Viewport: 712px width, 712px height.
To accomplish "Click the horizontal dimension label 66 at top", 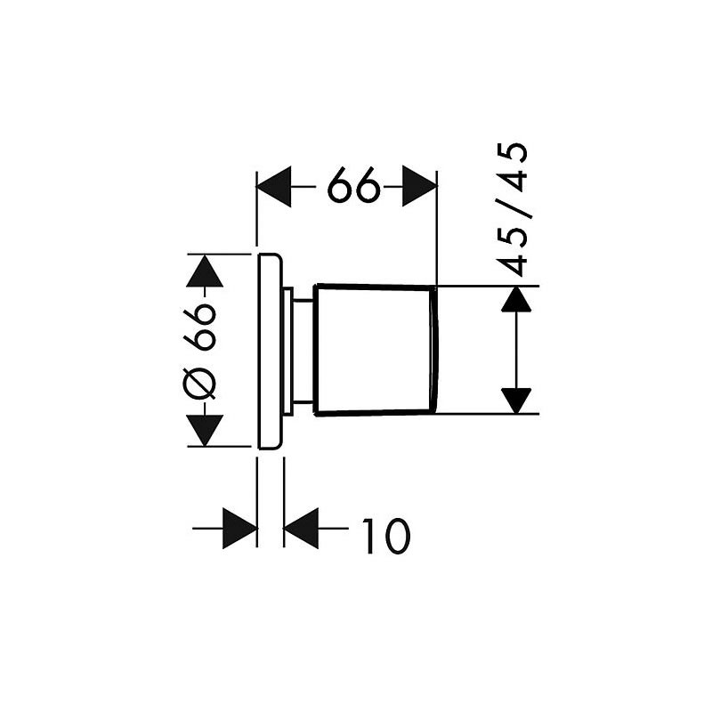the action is tap(353, 185).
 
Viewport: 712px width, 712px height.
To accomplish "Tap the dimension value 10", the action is tap(386, 537).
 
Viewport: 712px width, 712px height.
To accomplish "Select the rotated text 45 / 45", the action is tap(511, 209).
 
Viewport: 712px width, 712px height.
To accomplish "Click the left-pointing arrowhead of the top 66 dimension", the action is tap(274, 186).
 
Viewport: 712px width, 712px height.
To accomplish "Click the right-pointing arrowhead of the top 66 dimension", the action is tap(419, 186).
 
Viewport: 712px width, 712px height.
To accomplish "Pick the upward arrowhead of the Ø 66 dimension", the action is tap(205, 271).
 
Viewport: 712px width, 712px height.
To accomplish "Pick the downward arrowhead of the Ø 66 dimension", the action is tap(205, 430).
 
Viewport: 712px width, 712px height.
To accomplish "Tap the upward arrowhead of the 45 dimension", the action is tap(516, 299).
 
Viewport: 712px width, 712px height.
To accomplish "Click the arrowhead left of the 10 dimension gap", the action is tap(240, 529).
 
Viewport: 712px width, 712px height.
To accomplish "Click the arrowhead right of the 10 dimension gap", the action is tap(301, 529).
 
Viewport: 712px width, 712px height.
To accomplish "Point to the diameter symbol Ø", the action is tap(199, 384).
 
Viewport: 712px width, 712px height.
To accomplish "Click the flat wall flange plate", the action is tap(270, 351).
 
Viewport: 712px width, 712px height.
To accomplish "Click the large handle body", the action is tap(372, 350).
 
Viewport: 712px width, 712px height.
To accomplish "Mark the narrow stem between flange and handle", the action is tap(303, 350).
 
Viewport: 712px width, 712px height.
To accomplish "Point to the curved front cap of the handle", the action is tap(434, 350).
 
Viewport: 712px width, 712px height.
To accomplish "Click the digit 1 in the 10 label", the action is tap(369, 537).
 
